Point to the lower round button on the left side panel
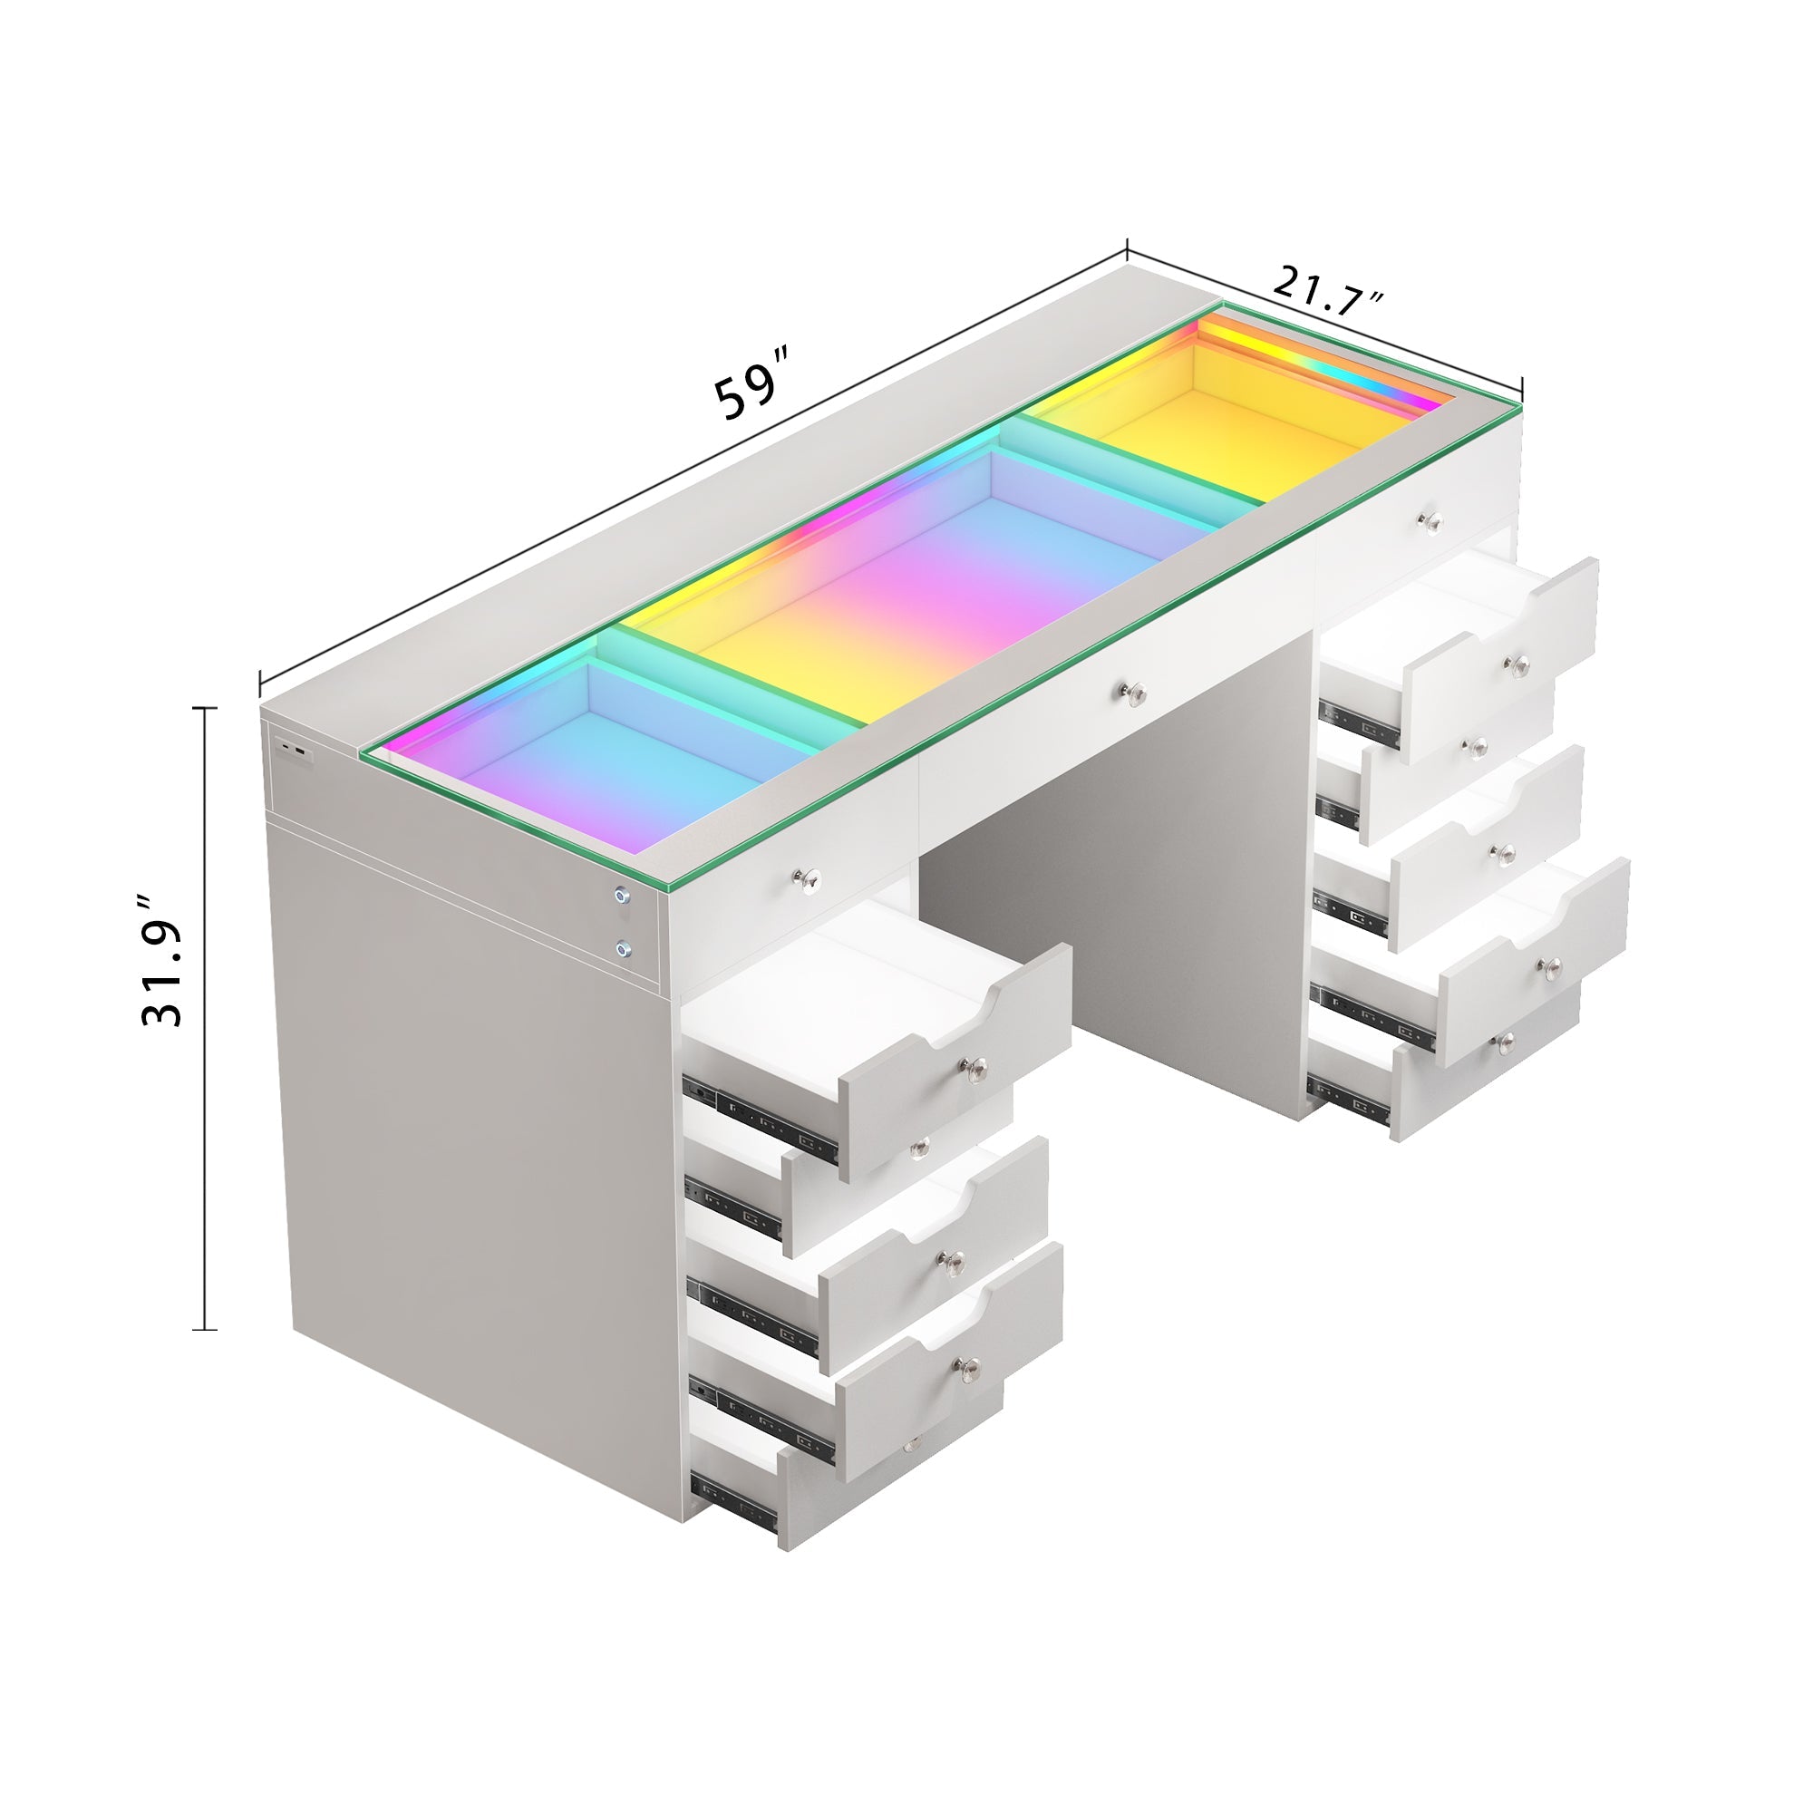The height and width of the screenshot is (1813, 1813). pyautogui.click(x=623, y=949)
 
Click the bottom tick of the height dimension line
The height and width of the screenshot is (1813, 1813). pyautogui.click(x=204, y=1330)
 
